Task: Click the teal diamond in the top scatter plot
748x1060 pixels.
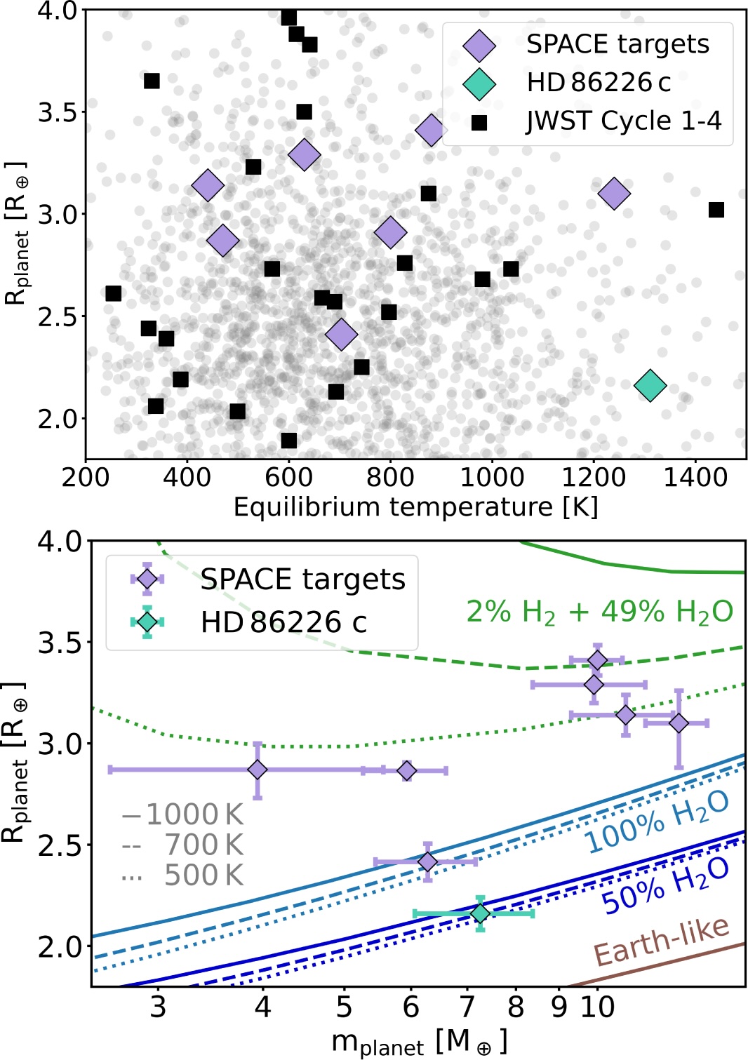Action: pyautogui.click(x=649, y=384)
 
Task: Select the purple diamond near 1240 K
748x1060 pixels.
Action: pyautogui.click(x=614, y=193)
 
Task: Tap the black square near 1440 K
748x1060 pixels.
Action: pyautogui.click(x=716, y=210)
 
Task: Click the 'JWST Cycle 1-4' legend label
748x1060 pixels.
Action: pyautogui.click(x=623, y=121)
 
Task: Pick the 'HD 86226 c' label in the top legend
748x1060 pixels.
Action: pyautogui.click(x=598, y=83)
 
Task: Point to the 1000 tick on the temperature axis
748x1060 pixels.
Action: pyautogui.click(x=492, y=478)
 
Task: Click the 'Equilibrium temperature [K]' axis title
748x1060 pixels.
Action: pyautogui.click(x=415, y=506)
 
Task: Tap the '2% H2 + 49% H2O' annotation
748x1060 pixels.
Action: pyautogui.click(x=599, y=612)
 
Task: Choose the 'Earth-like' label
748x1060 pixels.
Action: pyautogui.click(x=661, y=941)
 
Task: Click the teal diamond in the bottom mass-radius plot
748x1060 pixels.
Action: pyautogui.click(x=480, y=913)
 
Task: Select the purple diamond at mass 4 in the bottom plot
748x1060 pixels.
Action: pyautogui.click(x=258, y=770)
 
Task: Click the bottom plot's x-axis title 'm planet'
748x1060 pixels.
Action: pyautogui.click(x=419, y=1042)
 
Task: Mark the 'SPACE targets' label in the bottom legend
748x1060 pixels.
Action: pyautogui.click(x=302, y=579)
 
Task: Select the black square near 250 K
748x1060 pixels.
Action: pyautogui.click(x=113, y=293)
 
